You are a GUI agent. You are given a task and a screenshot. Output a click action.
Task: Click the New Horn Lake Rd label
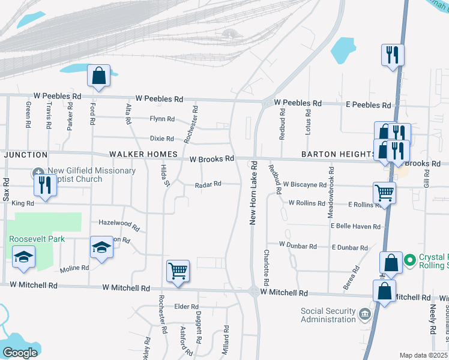click(253, 193)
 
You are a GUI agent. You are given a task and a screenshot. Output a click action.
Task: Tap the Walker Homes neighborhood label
click(143, 155)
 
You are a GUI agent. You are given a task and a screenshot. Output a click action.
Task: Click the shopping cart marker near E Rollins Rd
click(384, 193)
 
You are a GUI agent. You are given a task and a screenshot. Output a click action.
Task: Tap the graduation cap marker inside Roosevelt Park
click(24, 257)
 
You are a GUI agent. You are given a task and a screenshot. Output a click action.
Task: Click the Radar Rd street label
click(208, 184)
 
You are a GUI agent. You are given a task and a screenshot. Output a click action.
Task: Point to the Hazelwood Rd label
click(119, 225)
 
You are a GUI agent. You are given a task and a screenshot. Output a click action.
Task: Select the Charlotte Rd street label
click(265, 267)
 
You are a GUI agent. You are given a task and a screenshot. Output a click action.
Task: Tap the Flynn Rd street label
click(162, 119)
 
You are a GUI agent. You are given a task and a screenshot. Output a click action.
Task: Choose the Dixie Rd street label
click(161, 139)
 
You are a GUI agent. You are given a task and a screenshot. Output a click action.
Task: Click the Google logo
click(20, 353)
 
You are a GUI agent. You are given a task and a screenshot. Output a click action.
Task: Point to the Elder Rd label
click(182, 307)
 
